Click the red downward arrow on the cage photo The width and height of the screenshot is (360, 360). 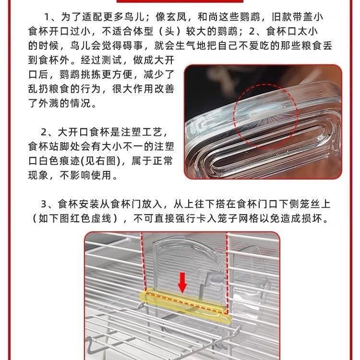click(x=182, y=283)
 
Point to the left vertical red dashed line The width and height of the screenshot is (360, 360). click(x=144, y=262)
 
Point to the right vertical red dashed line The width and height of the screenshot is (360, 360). click(x=227, y=273)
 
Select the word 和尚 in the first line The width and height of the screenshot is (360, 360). click(x=208, y=17)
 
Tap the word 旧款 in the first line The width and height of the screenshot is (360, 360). click(x=282, y=17)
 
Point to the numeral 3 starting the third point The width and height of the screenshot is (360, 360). click(x=44, y=204)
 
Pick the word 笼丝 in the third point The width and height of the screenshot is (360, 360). click(x=310, y=204)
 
